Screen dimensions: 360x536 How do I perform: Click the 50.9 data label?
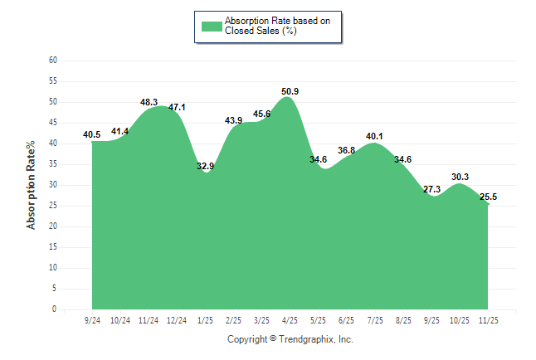[290, 91]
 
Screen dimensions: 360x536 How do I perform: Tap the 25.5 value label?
[489, 197]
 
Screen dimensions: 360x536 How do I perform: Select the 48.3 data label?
[149, 102]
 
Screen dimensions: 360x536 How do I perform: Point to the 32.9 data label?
[205, 166]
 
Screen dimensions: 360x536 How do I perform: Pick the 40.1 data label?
[375, 136]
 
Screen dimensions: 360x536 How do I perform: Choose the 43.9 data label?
[233, 120]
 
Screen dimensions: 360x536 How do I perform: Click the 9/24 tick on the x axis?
[92, 319]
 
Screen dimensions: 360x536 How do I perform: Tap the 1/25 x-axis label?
[205, 319]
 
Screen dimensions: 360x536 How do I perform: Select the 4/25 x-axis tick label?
[290, 319]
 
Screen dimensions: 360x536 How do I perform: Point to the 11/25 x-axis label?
[488, 319]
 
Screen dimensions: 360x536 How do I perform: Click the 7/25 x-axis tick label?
[375, 319]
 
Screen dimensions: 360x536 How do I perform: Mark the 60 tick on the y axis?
[52, 61]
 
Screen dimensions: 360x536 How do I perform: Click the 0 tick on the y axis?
[54, 309]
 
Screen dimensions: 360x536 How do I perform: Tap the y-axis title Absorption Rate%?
[32, 184]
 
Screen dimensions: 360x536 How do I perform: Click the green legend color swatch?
[212, 26]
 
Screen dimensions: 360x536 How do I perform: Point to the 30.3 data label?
[460, 177]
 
